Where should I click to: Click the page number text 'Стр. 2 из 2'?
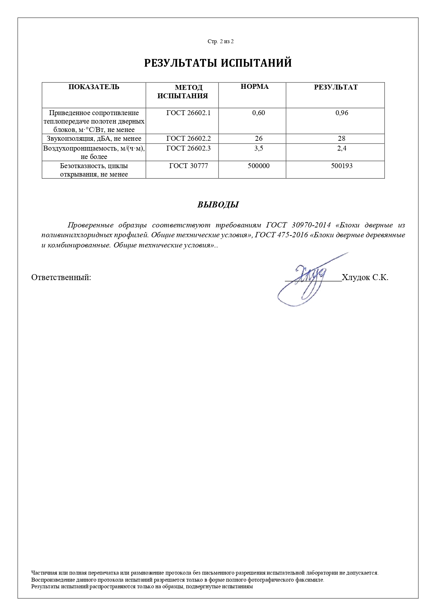coord(220,41)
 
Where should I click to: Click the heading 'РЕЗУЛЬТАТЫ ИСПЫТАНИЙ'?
coord(218,63)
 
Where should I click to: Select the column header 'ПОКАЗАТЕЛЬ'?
coord(94,87)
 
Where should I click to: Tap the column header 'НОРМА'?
coord(254,87)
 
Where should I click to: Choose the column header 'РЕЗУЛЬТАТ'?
coord(336,87)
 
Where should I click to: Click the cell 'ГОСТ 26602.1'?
coord(188,113)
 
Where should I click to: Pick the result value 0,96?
coord(342,113)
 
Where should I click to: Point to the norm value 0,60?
coord(259,113)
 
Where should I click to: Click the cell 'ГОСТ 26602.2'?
coord(188,138)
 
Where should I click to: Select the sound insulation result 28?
coord(341,138)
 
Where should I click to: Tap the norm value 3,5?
coord(259,148)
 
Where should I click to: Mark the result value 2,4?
coord(342,148)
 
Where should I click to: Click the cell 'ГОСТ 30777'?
coord(188,166)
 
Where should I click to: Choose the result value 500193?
coord(341,166)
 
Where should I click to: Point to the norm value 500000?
coord(259,166)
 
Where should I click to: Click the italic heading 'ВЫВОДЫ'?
coord(218,205)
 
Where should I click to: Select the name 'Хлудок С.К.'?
coord(365,277)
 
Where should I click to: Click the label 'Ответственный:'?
coord(61,277)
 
